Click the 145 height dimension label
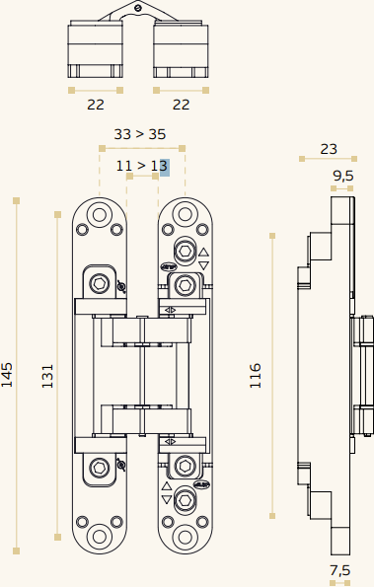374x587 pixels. pyautogui.click(x=7, y=375)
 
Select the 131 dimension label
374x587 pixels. pyautogui.click(x=47, y=376)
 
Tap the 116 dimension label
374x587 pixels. pyautogui.click(x=256, y=375)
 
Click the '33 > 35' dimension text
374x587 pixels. pyautogui.click(x=140, y=134)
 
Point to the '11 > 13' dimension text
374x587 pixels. pyautogui.click(x=141, y=166)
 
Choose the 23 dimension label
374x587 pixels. pyautogui.click(x=329, y=149)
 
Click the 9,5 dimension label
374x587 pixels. pyautogui.click(x=343, y=176)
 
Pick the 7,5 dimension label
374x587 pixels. pyautogui.click(x=339, y=570)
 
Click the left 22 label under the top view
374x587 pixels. pyautogui.click(x=96, y=105)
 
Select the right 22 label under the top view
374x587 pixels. pyautogui.click(x=181, y=105)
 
